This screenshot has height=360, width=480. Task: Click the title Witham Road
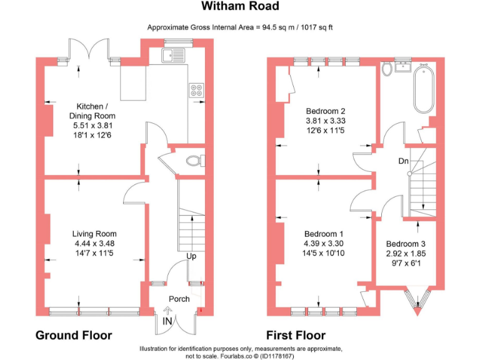point(240,7)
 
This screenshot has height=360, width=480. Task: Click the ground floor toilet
point(196,161)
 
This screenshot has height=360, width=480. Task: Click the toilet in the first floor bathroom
point(387,68)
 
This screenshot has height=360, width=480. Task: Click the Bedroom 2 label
point(326,111)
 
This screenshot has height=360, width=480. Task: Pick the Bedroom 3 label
point(406,244)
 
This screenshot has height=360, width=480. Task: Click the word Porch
point(179,299)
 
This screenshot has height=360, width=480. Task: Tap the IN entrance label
point(167,321)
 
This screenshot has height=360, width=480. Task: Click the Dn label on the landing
point(404,161)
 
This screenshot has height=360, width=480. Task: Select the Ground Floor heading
point(74,335)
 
